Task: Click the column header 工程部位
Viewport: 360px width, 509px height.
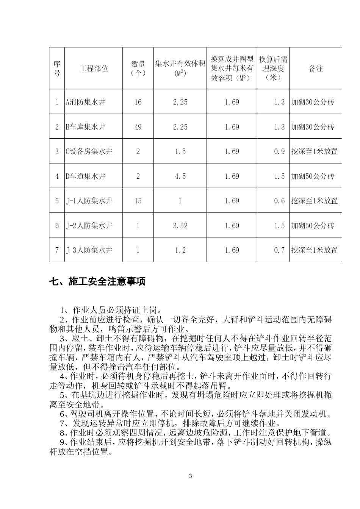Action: pyautogui.click(x=94, y=69)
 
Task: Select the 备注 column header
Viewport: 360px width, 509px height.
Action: pyautogui.click(x=316, y=69)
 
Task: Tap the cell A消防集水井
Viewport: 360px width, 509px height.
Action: pyautogui.click(x=85, y=102)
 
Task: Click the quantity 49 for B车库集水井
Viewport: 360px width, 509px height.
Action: pyautogui.click(x=138, y=127)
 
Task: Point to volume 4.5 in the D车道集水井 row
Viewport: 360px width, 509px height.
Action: pyautogui.click(x=180, y=176)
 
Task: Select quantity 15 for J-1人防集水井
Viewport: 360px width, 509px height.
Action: pyautogui.click(x=138, y=201)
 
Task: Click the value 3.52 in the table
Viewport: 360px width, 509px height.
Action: pyautogui.click(x=180, y=226)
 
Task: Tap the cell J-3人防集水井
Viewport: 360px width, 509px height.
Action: pyautogui.click(x=89, y=250)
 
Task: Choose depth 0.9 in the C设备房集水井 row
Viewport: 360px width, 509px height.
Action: pyautogui.click(x=279, y=151)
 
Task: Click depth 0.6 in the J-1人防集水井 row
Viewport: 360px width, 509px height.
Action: pyautogui.click(x=279, y=201)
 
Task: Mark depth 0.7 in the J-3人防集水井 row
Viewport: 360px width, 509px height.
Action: pyautogui.click(x=279, y=250)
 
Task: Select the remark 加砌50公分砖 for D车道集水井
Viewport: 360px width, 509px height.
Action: pyautogui.click(x=313, y=176)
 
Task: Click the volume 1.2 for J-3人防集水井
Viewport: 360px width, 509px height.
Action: pyautogui.click(x=180, y=250)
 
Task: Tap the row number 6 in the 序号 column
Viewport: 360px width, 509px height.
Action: pyautogui.click(x=57, y=226)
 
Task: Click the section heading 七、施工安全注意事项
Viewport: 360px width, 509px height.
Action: pyautogui.click(x=97, y=282)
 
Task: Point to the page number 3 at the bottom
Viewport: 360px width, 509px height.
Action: pyautogui.click(x=191, y=476)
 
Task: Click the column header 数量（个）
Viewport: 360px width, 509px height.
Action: pyautogui.click(x=138, y=69)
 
